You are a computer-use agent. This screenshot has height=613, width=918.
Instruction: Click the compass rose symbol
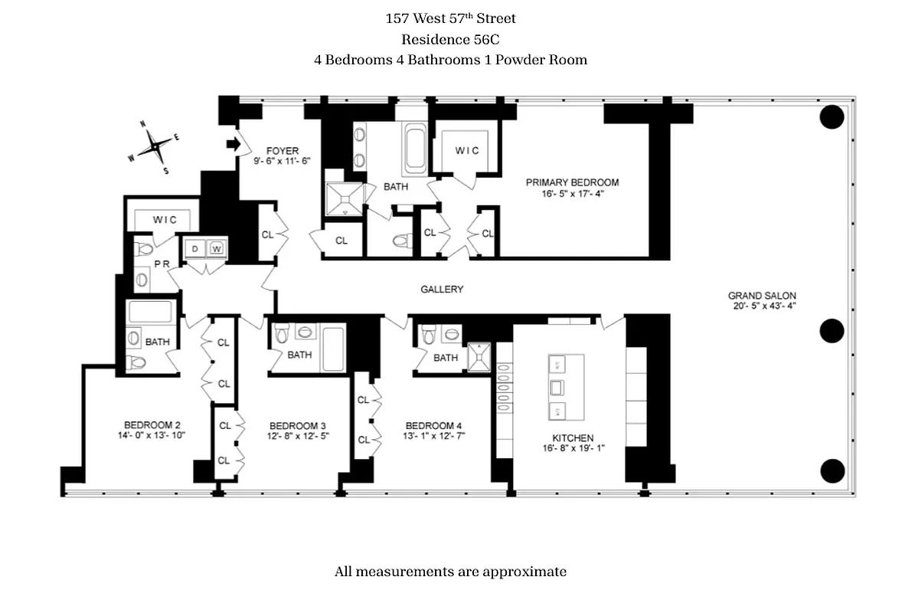[x=155, y=145]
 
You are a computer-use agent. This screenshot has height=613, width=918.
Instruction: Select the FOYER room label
[x=282, y=151]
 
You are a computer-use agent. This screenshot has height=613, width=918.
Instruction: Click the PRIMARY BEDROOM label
[x=572, y=182]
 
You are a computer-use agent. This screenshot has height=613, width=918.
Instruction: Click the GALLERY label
[x=442, y=290]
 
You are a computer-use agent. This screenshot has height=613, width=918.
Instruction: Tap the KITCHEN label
[x=568, y=438]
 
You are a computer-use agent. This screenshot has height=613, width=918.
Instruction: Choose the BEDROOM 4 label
[x=433, y=426]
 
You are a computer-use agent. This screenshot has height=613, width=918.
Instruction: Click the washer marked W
[x=217, y=248]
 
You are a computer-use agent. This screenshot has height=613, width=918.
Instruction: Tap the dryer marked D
[x=195, y=248]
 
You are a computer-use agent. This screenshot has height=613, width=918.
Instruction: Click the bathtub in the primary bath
[x=414, y=149]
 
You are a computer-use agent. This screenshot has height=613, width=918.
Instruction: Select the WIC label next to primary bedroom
[x=467, y=151]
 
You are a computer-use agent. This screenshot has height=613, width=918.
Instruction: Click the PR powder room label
[x=161, y=263]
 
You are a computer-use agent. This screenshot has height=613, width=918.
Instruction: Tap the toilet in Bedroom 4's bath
[x=430, y=334]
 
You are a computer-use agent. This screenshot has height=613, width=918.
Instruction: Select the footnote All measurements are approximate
[x=450, y=572]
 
